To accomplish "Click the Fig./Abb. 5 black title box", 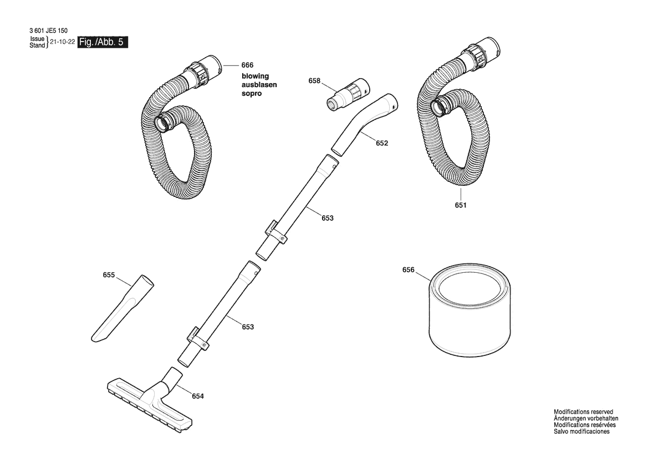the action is (x=103, y=42).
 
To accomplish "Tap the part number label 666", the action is (x=248, y=65).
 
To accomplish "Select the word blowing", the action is (x=256, y=77).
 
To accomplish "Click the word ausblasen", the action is (x=259, y=85).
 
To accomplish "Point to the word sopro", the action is (x=252, y=94).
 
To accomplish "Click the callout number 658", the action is (x=314, y=81).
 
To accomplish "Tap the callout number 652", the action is (x=382, y=144).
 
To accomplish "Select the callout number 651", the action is (x=461, y=206).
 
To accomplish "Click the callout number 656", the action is (x=409, y=270).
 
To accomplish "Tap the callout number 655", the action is (x=109, y=275).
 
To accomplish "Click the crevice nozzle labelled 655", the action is (x=122, y=308).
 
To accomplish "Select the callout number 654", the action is (x=198, y=396).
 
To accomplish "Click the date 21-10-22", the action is (x=62, y=42).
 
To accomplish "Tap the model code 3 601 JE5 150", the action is (x=48, y=30).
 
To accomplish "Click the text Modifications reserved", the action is (x=584, y=412).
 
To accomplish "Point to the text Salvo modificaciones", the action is (x=581, y=431).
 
